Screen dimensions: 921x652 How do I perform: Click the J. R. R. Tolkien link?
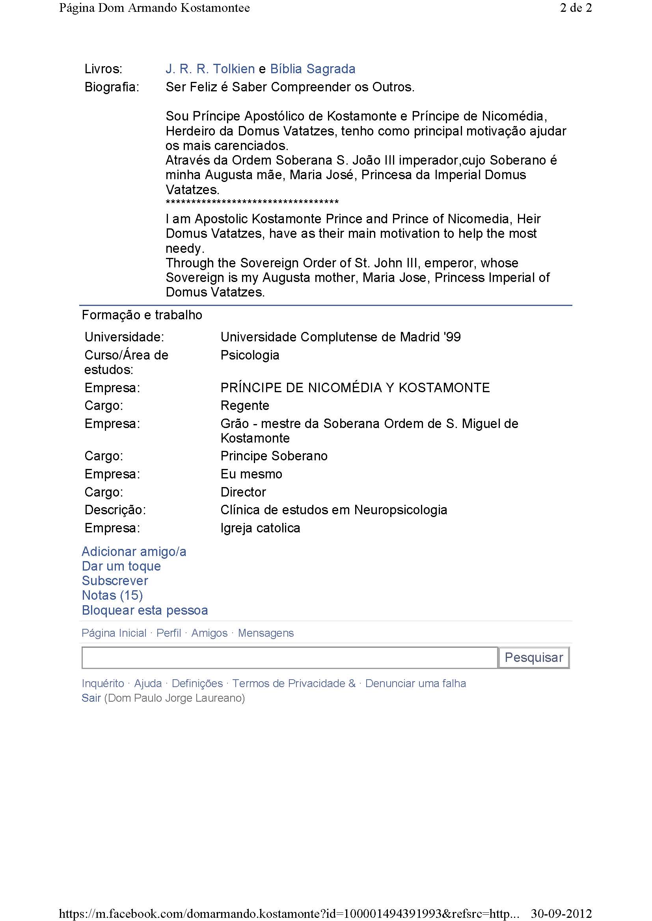210,69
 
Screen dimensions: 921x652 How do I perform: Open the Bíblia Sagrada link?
312,69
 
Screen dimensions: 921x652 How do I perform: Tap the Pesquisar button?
534,658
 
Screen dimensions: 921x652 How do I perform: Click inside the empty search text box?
289,658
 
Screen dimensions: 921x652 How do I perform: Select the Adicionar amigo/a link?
134,552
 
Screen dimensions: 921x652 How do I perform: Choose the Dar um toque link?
121,566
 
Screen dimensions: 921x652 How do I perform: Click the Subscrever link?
115,580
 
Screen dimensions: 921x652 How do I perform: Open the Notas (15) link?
112,595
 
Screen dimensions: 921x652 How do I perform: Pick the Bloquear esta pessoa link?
145,610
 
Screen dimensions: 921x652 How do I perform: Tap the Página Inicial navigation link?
114,633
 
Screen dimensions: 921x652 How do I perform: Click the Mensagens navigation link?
266,633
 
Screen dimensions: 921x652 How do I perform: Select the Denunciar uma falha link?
415,683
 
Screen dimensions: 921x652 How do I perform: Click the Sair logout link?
91,698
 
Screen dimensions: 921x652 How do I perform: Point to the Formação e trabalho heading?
142,315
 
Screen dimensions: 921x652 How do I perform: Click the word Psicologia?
250,355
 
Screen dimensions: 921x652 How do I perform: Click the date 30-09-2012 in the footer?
561,914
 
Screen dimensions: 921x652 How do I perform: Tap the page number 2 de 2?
575,8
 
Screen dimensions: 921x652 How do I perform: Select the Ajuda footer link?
148,683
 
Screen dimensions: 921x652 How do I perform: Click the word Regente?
245,406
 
